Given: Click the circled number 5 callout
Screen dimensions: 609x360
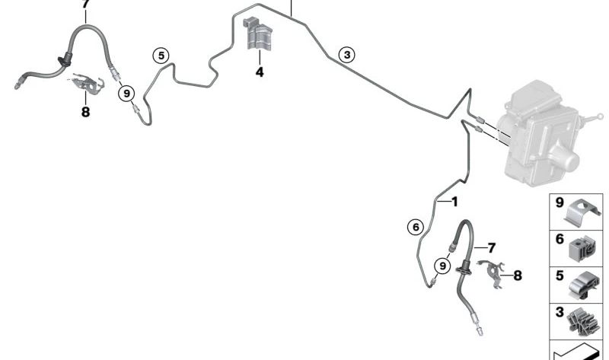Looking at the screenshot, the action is click(x=161, y=56).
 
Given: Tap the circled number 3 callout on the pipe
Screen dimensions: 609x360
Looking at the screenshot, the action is click(x=347, y=55).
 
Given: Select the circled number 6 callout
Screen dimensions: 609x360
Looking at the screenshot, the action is click(x=416, y=227).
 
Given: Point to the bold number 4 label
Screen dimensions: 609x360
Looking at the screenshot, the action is click(x=260, y=72).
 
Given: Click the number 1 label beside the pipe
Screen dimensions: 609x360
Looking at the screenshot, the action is click(x=454, y=202).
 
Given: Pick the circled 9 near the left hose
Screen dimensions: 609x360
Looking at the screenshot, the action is click(x=126, y=93).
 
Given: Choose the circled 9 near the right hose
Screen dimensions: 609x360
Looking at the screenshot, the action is click(x=442, y=266).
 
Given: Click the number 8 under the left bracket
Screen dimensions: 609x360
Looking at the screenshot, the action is click(x=85, y=112).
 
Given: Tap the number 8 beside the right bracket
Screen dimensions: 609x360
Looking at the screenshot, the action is click(x=518, y=276).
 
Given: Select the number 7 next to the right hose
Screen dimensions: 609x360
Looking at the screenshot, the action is click(x=492, y=247).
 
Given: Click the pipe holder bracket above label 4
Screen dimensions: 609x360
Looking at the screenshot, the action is click(x=258, y=33).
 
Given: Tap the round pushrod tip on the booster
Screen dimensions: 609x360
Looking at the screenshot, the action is click(x=600, y=116).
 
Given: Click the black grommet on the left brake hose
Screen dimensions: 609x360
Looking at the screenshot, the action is click(x=65, y=61).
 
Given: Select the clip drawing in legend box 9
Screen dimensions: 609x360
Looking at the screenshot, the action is click(x=583, y=212).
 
